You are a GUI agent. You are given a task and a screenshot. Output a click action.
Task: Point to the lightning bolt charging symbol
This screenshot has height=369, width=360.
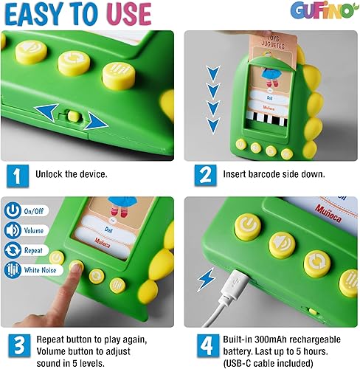(207, 280)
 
